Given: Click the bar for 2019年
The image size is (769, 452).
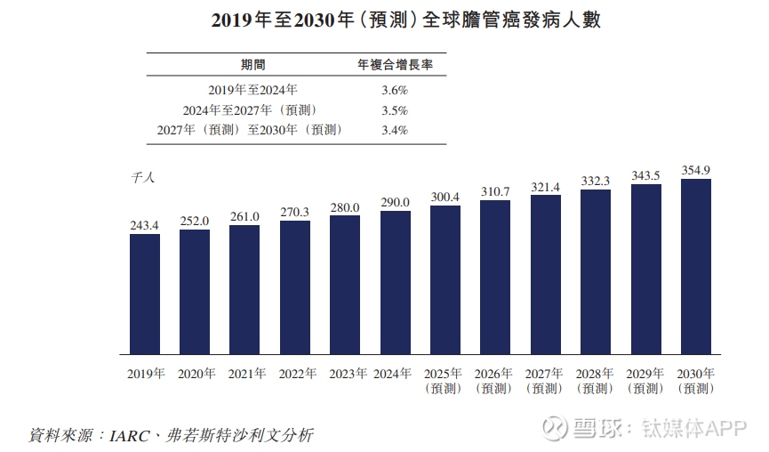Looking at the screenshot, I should [x=145, y=294].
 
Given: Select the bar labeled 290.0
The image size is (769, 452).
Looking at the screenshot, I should [x=396, y=282].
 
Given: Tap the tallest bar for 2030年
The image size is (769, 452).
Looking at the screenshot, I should [x=696, y=267].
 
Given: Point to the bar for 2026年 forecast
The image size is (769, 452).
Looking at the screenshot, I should [x=495, y=277].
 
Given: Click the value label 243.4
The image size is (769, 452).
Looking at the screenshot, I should [x=145, y=225].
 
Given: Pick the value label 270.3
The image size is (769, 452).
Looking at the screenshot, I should [x=295, y=213].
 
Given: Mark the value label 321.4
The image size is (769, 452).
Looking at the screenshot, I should [x=546, y=187].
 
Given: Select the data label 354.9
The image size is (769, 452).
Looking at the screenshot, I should [x=696, y=170].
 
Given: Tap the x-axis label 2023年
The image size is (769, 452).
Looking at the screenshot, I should [x=345, y=375].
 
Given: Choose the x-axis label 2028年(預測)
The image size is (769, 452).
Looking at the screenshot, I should [x=596, y=381].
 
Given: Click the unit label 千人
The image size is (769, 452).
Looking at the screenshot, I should [x=142, y=178].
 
